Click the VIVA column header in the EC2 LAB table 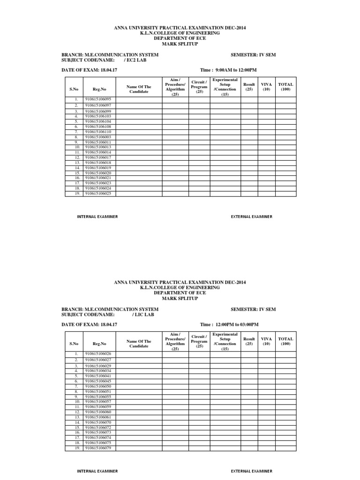click(266, 87)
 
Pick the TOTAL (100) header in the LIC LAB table click(285, 341)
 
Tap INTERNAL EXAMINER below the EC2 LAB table click(97, 217)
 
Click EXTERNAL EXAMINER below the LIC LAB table click(251, 471)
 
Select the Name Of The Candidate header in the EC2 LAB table click(139, 89)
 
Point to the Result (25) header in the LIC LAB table click(249, 341)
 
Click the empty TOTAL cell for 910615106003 click(285, 137)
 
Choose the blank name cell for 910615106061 click(139, 417)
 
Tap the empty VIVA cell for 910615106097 click(266, 105)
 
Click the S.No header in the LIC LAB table click(74, 343)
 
